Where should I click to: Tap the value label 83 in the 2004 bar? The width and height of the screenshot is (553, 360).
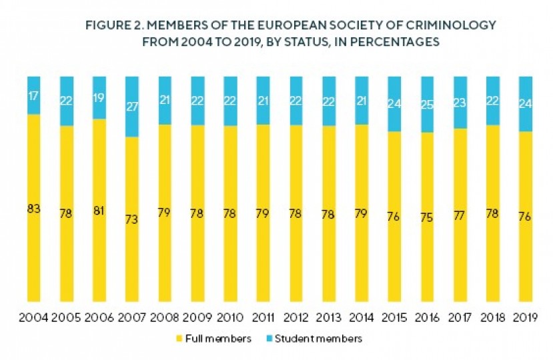pyautogui.click(x=33, y=209)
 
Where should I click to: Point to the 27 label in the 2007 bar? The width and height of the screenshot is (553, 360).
pyautogui.click(x=131, y=105)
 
